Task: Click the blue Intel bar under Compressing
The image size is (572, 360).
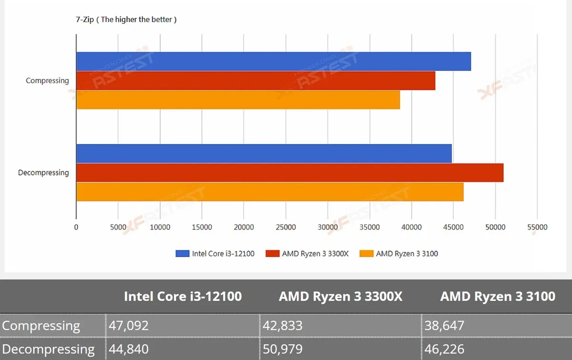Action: pos(274,62)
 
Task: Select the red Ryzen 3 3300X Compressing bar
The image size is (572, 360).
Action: pos(256,81)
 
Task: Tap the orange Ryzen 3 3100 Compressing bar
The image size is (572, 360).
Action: pos(238,100)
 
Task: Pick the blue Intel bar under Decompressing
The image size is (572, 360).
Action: pos(264,154)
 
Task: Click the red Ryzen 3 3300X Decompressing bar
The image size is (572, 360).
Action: pos(290,173)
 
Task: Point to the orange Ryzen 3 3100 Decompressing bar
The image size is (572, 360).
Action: pos(270,192)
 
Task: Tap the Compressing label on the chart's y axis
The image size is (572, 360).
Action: pos(48,81)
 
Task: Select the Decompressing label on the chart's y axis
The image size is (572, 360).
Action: pos(43,173)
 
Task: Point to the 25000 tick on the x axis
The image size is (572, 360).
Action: pos(286,227)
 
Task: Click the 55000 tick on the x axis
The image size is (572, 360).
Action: pos(537,227)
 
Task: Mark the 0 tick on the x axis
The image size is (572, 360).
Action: pos(76,227)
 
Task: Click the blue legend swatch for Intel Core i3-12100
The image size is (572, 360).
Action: pos(183,254)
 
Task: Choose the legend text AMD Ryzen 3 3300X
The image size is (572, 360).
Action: pos(316,254)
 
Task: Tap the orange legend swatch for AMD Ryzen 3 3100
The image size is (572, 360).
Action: pos(367,254)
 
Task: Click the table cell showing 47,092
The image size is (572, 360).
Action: pos(183,326)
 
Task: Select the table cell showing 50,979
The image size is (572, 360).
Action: pos(340,349)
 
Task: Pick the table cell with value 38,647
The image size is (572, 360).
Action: pos(497,326)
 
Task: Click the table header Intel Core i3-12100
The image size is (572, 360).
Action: pos(183,297)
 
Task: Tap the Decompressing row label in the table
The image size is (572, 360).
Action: pos(48,349)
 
